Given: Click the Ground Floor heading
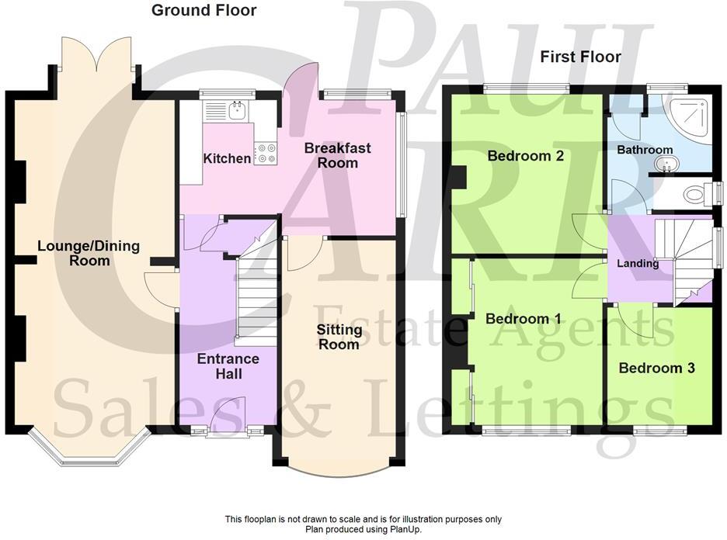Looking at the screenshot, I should [x=203, y=10].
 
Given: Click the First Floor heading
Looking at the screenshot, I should [x=581, y=57].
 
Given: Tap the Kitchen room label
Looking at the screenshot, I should [x=227, y=159].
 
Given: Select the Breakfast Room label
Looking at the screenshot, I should [x=337, y=155].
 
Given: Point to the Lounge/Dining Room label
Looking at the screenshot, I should [x=89, y=253].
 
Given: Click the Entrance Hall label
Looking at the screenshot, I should [x=228, y=366].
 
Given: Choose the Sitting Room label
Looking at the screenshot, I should [x=339, y=337].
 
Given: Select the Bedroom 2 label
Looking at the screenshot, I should [x=525, y=156].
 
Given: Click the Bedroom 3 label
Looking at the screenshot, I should [x=656, y=369].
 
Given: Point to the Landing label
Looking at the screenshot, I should [x=638, y=264].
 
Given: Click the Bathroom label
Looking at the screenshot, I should [x=645, y=150].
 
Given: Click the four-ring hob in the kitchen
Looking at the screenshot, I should [x=266, y=153].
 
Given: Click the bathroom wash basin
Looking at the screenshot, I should [x=666, y=164].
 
